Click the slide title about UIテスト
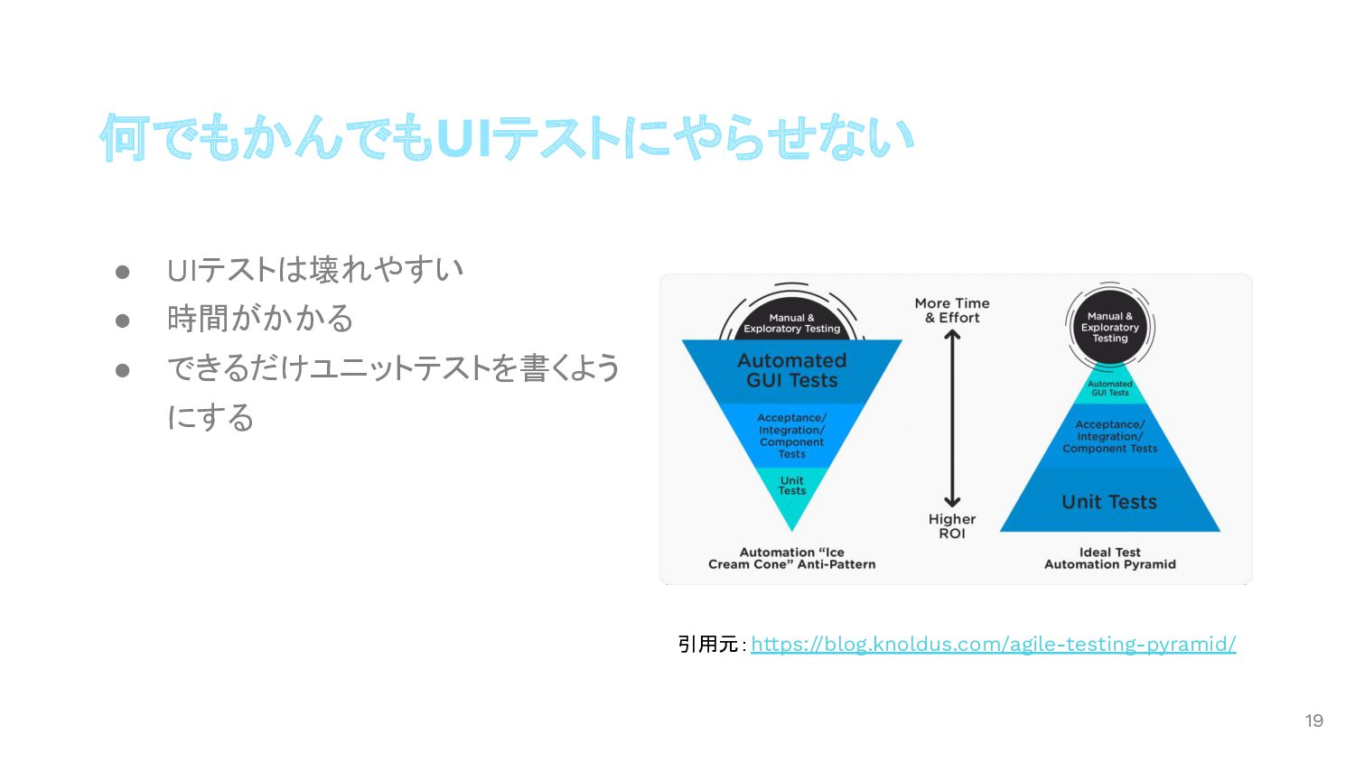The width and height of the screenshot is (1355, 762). [x=507, y=138]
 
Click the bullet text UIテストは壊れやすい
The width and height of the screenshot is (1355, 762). [x=315, y=270]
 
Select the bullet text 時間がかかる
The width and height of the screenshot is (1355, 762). [x=260, y=319]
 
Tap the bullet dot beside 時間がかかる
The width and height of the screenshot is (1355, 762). [x=123, y=321]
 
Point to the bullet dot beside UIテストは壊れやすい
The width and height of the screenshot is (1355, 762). [x=123, y=272]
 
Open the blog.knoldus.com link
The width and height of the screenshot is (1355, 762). [x=993, y=644]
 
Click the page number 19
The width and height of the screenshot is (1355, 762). [x=1313, y=720]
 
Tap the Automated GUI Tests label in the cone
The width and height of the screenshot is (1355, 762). [x=791, y=370]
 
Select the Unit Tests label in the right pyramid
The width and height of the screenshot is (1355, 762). [x=1109, y=502]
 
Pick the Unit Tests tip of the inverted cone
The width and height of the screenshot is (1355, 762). [x=792, y=488]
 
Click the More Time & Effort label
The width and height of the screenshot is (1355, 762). [x=952, y=311]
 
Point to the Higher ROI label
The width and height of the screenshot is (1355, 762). [x=952, y=525]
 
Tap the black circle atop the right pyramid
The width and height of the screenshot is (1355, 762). [x=1110, y=327]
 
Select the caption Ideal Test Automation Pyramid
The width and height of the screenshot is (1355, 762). [x=1110, y=558]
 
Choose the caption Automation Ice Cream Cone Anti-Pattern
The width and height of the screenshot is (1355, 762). [x=791, y=558]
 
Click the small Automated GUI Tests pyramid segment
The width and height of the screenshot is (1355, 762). [x=1110, y=388]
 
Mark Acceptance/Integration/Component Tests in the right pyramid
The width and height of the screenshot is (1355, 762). [x=1110, y=436]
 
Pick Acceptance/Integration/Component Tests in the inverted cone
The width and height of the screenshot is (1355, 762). [x=791, y=436]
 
